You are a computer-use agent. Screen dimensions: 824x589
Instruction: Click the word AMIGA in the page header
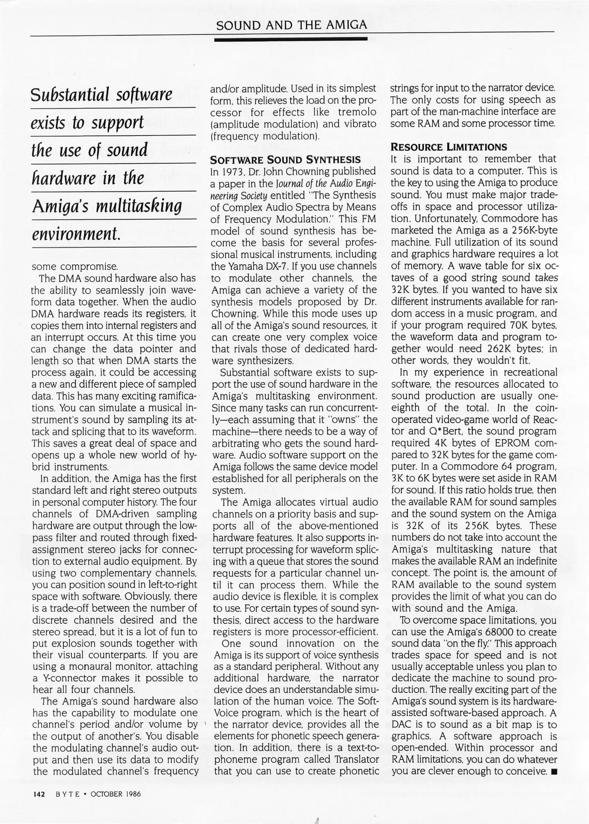point(347,25)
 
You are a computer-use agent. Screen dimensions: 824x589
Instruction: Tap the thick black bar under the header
point(291,39)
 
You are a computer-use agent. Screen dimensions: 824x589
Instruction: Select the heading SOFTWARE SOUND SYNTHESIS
point(286,159)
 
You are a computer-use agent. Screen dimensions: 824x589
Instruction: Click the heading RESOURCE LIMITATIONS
point(449,147)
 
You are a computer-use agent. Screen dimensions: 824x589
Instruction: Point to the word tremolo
point(357,112)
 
